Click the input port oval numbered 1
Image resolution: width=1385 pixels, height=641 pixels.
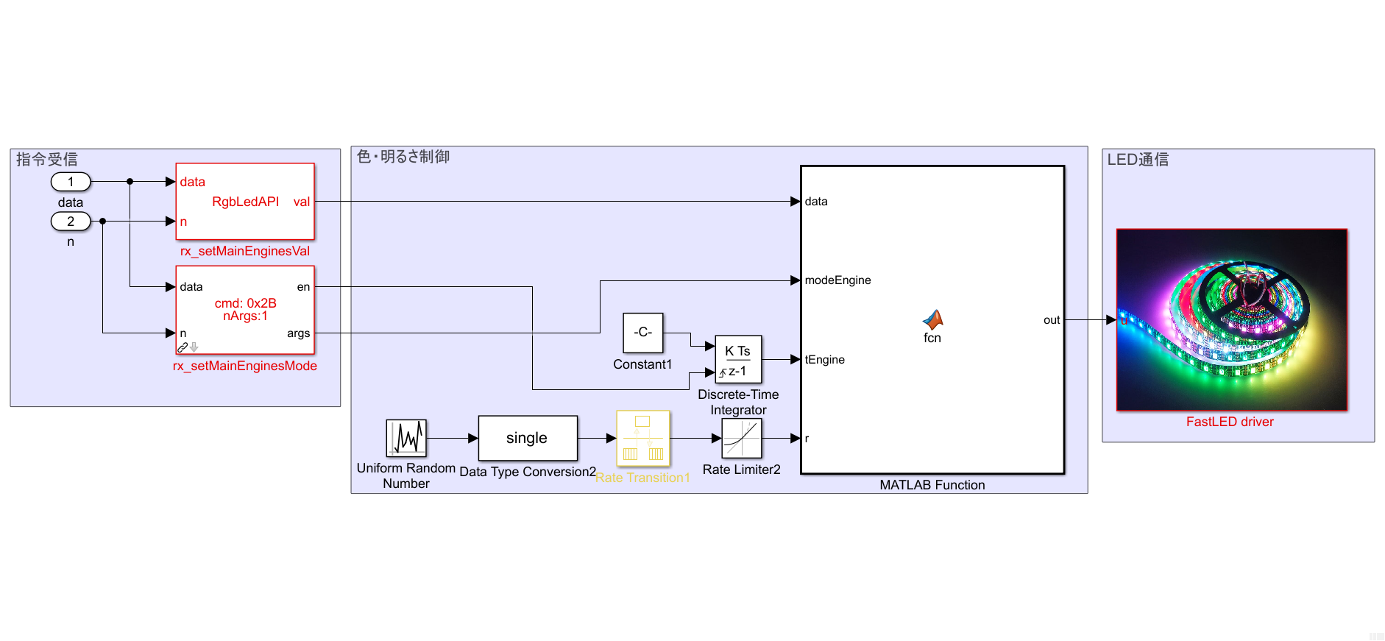pyautogui.click(x=71, y=182)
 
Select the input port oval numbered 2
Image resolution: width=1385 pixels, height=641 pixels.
pyautogui.click(x=71, y=221)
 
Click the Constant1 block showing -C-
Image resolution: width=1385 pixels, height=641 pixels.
pyautogui.click(x=642, y=333)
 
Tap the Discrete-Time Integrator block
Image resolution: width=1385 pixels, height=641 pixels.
pyautogui.click(x=738, y=360)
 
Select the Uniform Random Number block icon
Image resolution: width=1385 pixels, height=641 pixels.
pyautogui.click(x=406, y=438)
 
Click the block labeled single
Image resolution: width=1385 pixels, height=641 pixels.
pyautogui.click(x=528, y=438)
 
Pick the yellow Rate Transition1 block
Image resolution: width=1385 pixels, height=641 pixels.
pyautogui.click(x=643, y=438)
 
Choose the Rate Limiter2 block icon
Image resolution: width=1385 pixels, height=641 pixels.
pyautogui.click(x=741, y=438)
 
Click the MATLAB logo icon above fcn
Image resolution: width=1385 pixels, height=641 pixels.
pyautogui.click(x=932, y=319)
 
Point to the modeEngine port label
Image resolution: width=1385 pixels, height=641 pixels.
pyautogui.click(x=837, y=280)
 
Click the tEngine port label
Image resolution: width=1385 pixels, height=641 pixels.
pyautogui.click(x=824, y=360)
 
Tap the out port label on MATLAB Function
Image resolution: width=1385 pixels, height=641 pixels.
pyautogui.click(x=1051, y=320)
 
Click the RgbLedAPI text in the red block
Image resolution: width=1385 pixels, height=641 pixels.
pyautogui.click(x=245, y=202)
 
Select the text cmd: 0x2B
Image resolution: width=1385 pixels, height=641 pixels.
pyautogui.click(x=245, y=303)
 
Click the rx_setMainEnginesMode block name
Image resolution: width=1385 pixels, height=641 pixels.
pyautogui.click(x=245, y=366)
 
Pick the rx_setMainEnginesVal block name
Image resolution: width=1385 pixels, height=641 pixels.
pyautogui.click(x=245, y=251)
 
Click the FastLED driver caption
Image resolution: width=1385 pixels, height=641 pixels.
pyautogui.click(x=1230, y=422)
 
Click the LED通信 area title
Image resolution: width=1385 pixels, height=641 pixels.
pyautogui.click(x=1138, y=160)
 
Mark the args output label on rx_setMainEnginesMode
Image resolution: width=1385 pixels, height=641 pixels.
pyautogui.click(x=298, y=333)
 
